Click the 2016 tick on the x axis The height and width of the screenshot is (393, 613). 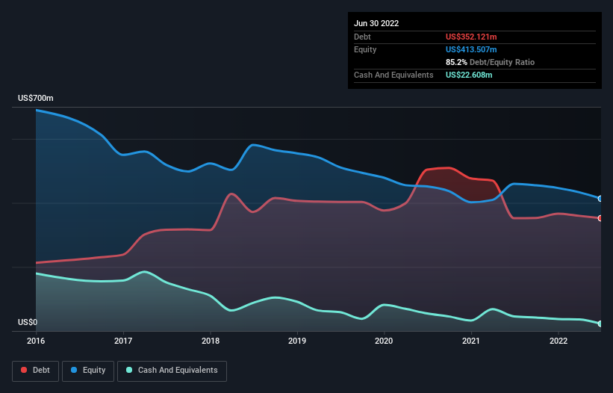click(x=36, y=341)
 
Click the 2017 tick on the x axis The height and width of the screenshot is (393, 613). click(x=123, y=341)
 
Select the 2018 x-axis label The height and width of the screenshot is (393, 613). click(x=211, y=341)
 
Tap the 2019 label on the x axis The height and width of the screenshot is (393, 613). click(x=297, y=341)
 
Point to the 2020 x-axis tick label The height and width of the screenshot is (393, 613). click(x=385, y=341)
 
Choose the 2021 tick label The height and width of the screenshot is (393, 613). click(x=471, y=341)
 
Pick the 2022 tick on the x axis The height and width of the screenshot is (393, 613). click(x=558, y=341)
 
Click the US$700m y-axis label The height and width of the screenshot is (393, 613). click(x=36, y=99)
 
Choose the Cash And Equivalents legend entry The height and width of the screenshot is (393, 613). click(x=172, y=370)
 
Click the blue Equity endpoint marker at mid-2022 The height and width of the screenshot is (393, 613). click(x=600, y=199)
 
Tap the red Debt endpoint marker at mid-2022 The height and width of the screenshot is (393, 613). click(x=600, y=218)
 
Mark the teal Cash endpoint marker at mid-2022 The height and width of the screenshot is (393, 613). click(x=600, y=324)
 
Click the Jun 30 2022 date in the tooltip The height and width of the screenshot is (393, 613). click(x=376, y=23)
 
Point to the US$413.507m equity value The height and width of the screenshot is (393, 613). click(x=471, y=49)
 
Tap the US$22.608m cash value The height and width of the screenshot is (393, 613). click(x=469, y=75)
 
